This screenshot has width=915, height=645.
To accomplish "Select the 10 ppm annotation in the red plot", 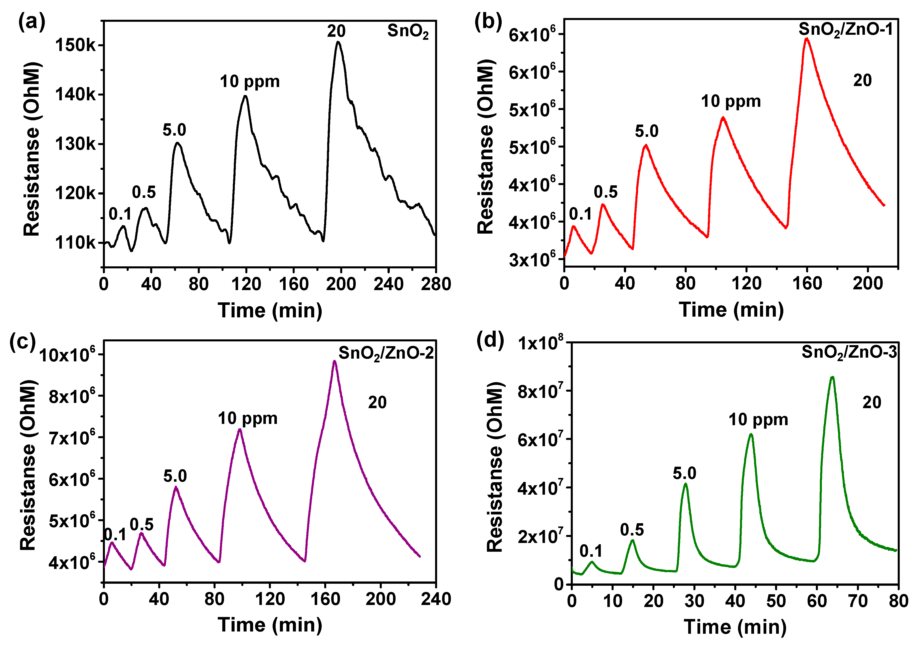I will [731, 102].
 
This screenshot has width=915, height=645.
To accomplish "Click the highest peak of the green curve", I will [832, 377].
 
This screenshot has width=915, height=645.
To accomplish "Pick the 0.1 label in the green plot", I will [591, 551].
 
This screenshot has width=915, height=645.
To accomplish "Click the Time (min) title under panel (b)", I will [731, 310].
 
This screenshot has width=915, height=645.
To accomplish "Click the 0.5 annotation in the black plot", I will [144, 192].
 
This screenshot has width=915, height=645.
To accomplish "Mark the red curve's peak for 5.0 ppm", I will [646, 145].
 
